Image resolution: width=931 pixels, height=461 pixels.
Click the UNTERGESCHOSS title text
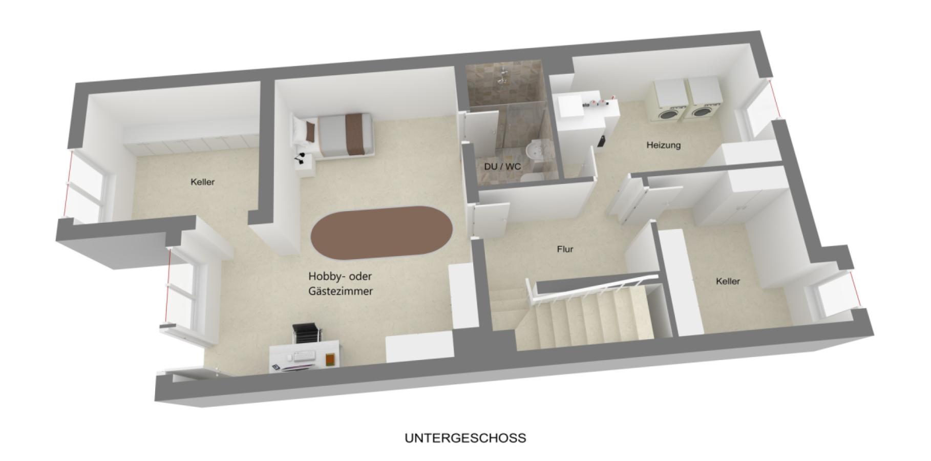click(x=465, y=438)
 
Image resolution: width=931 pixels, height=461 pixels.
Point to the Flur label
click(x=565, y=249)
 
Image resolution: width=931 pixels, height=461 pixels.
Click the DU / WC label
click(x=502, y=167)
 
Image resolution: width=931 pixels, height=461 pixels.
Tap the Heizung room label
click(x=663, y=145)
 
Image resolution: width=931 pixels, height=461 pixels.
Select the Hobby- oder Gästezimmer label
click(x=341, y=284)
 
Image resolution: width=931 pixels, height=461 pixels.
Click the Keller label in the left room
click(x=202, y=182)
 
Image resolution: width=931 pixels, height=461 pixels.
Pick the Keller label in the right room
click(x=728, y=281)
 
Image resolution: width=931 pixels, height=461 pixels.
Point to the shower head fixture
click(x=504, y=74)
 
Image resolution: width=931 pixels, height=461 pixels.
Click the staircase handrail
click(x=594, y=288)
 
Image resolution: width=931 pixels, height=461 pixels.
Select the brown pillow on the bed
click(x=310, y=131)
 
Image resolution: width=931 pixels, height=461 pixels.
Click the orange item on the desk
click(x=330, y=360)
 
